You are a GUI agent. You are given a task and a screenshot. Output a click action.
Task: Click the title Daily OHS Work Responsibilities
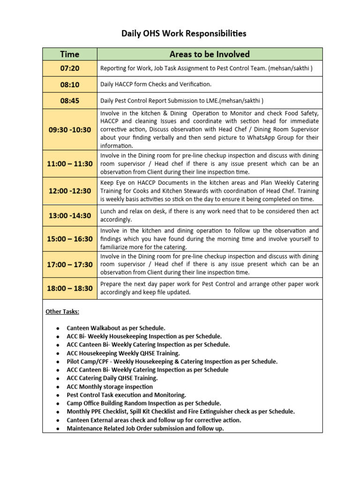tap(184, 33)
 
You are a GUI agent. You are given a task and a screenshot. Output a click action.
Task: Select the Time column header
tap(70, 54)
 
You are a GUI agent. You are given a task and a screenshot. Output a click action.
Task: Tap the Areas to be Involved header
tap(210, 54)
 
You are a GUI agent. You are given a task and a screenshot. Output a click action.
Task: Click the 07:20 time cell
tap(70, 68)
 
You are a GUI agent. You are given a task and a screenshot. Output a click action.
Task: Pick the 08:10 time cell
tap(70, 85)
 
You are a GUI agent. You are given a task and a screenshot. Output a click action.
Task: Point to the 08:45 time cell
tap(70, 100)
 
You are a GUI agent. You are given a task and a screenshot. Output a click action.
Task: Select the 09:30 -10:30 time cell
tap(70, 130)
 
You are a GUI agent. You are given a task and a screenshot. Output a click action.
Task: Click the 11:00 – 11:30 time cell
tap(70, 164)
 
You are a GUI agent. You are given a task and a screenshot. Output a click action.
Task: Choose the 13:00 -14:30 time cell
tap(70, 215)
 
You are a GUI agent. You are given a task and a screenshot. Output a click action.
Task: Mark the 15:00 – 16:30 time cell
tap(70, 239)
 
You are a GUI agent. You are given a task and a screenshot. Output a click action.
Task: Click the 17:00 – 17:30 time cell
tap(70, 264)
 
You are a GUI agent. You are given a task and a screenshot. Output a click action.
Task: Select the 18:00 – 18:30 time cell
tap(70, 288)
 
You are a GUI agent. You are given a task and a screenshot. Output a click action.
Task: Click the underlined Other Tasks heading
tap(62, 312)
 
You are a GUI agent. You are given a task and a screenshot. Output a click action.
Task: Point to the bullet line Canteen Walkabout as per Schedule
tap(116, 328)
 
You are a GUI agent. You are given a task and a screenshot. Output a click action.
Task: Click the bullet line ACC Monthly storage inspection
tap(110, 387)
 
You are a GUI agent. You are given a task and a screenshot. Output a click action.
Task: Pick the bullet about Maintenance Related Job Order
tap(145, 428)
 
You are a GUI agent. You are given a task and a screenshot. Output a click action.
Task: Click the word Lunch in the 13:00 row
tap(109, 211)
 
